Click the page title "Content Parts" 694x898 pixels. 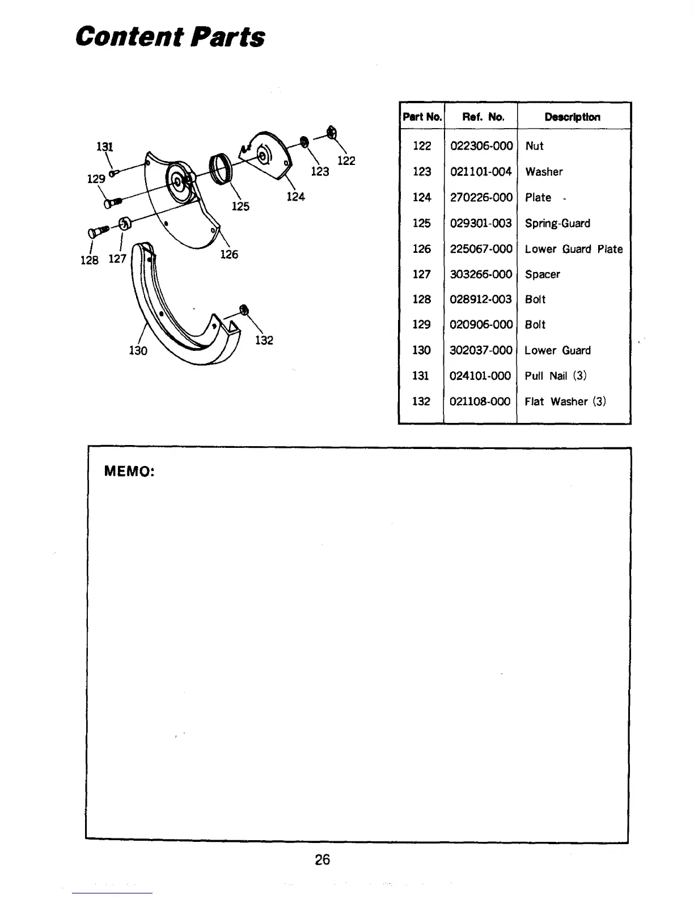[170, 37]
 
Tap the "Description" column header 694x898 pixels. [572, 117]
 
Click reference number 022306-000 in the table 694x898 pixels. [481, 146]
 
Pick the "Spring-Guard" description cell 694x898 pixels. [557, 223]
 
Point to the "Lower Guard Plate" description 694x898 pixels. [573, 249]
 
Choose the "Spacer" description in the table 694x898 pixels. [542, 274]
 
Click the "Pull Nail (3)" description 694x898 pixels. [555, 376]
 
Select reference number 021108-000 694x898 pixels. [480, 401]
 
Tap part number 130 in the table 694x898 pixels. [421, 350]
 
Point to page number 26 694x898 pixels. [322, 859]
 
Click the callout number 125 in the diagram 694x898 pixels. [240, 206]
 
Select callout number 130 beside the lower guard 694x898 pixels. [138, 351]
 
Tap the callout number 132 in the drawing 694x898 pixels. [264, 340]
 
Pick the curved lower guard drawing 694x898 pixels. [181, 317]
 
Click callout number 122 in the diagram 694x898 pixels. [346, 161]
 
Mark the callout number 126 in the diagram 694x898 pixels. [228, 255]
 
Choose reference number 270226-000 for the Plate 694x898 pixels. [481, 197]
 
